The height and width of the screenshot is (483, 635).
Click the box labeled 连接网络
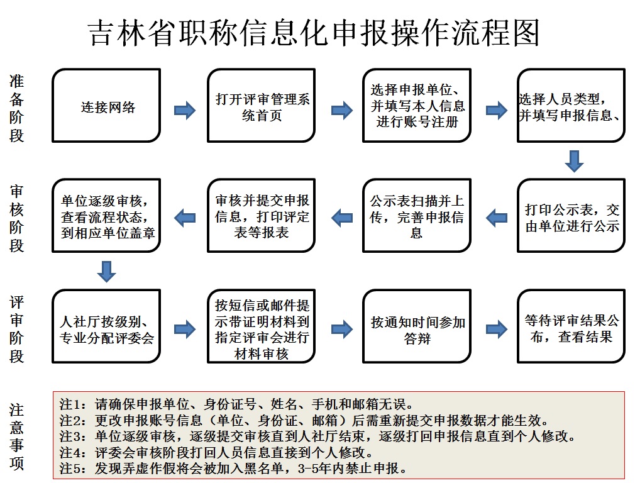click(106, 106)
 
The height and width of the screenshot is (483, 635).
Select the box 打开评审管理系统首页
click(261, 106)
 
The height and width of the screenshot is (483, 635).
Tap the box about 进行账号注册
click(417, 106)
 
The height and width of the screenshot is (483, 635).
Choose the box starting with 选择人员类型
click(571, 106)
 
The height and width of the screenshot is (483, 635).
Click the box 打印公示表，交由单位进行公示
click(571, 216)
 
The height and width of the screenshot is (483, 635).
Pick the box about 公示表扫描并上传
click(417, 216)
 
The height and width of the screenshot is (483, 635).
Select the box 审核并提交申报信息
click(261, 216)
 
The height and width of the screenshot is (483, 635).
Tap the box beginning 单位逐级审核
click(106, 216)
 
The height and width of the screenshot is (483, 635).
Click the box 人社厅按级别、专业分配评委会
click(106, 326)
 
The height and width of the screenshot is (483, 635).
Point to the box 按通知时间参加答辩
click(417, 326)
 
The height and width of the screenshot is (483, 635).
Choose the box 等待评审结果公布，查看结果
click(571, 326)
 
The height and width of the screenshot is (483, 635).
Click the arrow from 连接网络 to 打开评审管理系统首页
click(185, 110)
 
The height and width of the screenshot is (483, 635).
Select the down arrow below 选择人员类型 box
click(574, 161)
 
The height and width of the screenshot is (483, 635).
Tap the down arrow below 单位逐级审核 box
click(107, 272)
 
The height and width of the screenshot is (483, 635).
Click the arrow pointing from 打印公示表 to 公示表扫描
click(497, 218)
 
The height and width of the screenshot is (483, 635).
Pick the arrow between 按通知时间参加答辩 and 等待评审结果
click(497, 329)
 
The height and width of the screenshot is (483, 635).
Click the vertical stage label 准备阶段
click(16, 108)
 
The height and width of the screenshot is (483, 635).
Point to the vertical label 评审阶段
click(16, 329)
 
